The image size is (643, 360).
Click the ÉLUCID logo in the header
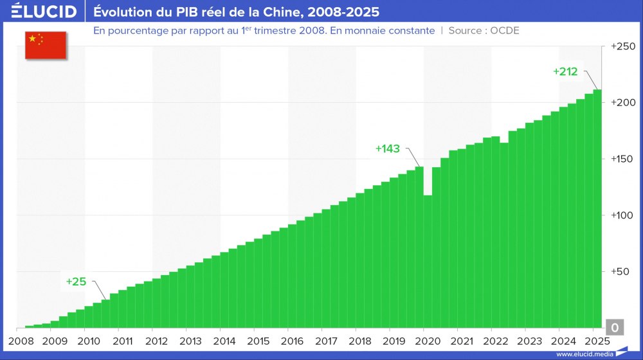[x=44, y=12]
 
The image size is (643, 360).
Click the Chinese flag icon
[x=46, y=44]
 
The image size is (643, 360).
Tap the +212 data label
[x=565, y=71]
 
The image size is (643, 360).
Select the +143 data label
[x=388, y=148]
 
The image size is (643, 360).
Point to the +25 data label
[x=75, y=281]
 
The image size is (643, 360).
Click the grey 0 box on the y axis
[x=614, y=328]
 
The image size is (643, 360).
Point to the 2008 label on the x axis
[x=21, y=341]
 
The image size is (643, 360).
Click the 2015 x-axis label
[x=258, y=341]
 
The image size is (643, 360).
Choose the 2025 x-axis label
[x=597, y=341]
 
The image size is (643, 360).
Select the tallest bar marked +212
[x=597, y=212]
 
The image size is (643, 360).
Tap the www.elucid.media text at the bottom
[x=583, y=354]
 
